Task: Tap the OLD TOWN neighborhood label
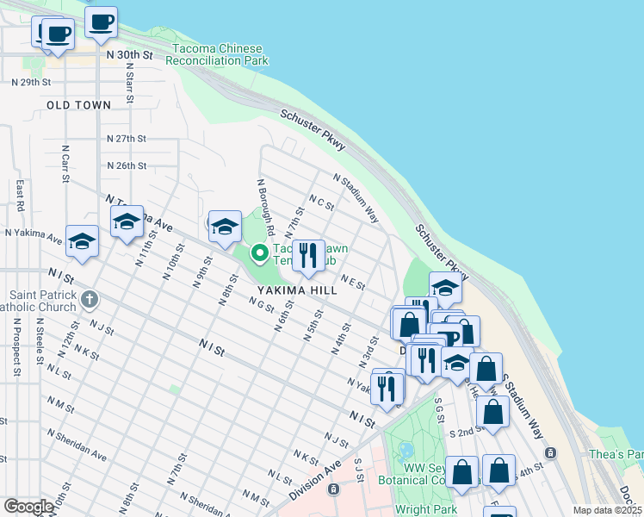pos(79,105)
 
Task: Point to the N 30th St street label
pos(129,54)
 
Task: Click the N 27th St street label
pos(127,138)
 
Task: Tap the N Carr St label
pos(65,164)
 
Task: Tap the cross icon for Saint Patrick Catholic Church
pos(89,300)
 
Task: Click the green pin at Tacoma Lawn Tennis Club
pos(258,253)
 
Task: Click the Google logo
pos(28,507)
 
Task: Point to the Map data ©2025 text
pos(608,510)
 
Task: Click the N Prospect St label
pos(16,348)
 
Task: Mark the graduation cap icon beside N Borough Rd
pos(225,227)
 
